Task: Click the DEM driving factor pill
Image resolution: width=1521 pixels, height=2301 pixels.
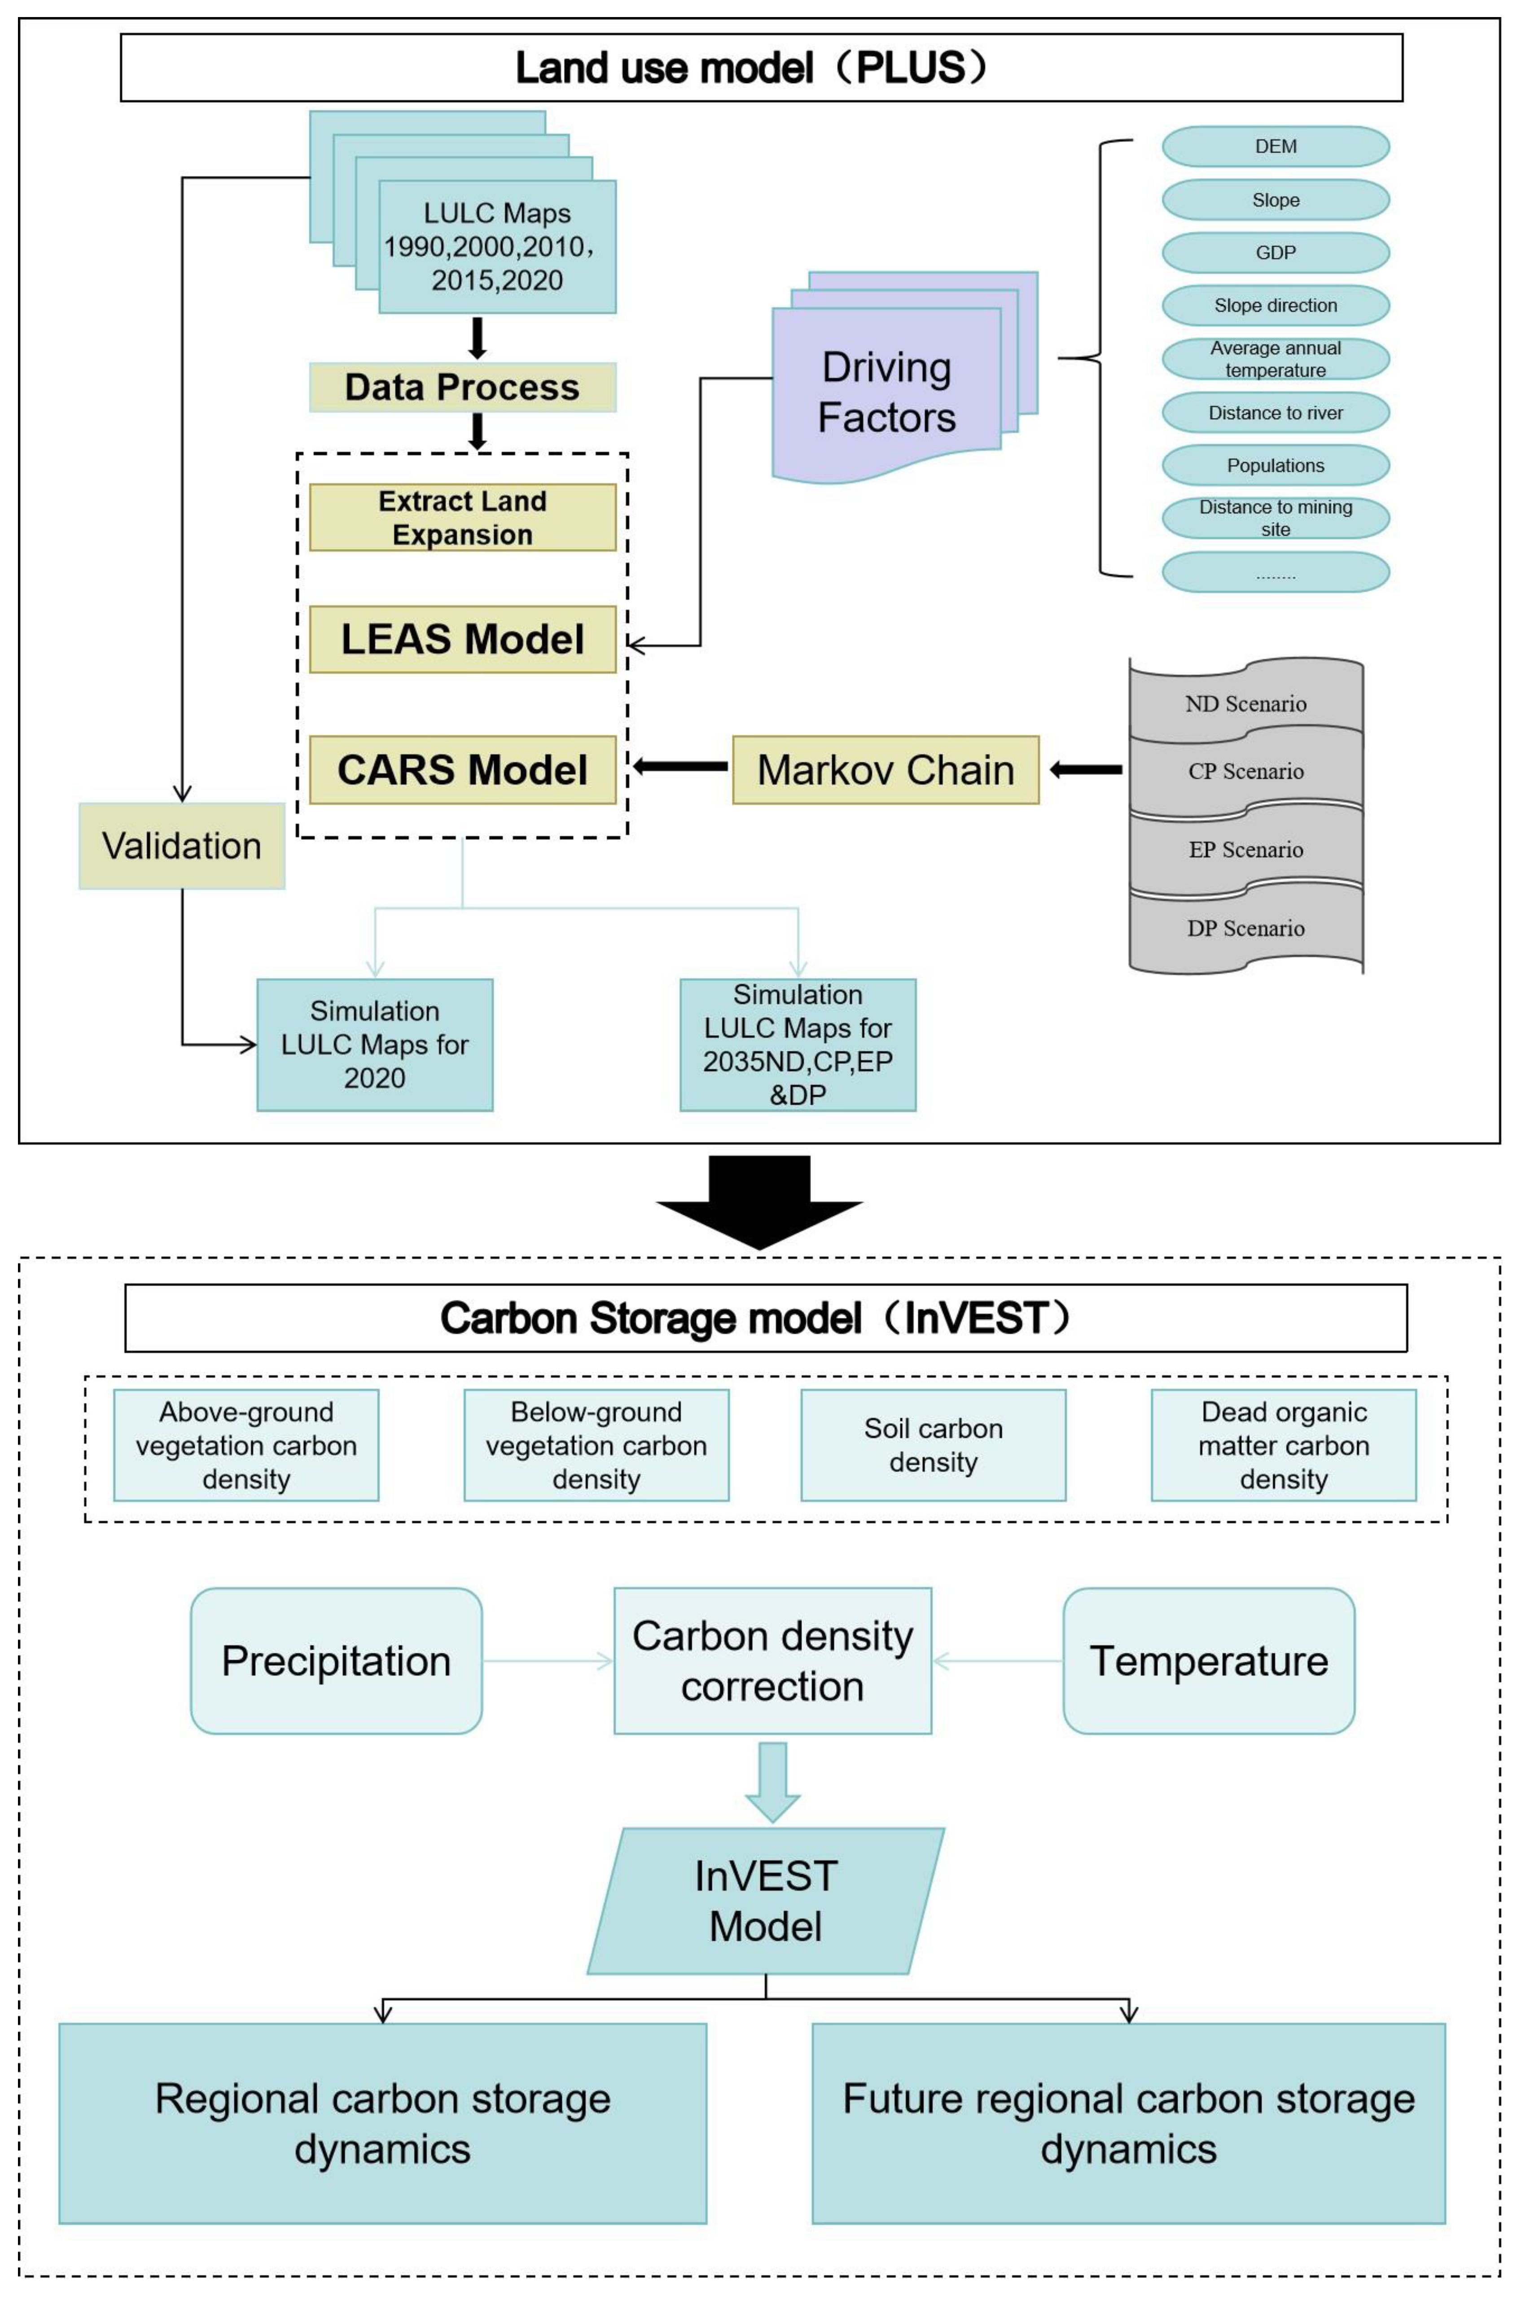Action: point(1275,146)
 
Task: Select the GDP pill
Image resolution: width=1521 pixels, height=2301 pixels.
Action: point(1275,252)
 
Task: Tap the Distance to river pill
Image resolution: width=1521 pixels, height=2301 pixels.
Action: point(1275,412)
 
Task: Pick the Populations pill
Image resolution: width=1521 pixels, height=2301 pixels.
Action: point(1275,465)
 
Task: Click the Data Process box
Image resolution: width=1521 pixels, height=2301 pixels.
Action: point(462,387)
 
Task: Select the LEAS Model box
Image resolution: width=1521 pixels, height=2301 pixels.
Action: point(462,639)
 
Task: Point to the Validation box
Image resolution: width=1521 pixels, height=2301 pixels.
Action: point(181,846)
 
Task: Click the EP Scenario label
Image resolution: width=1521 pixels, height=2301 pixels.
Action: point(1245,850)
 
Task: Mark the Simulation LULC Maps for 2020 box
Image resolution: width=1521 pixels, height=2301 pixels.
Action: point(374,1045)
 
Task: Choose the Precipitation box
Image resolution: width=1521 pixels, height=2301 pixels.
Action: point(336,1661)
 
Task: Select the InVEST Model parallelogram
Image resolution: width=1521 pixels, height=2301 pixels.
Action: point(765,1900)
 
